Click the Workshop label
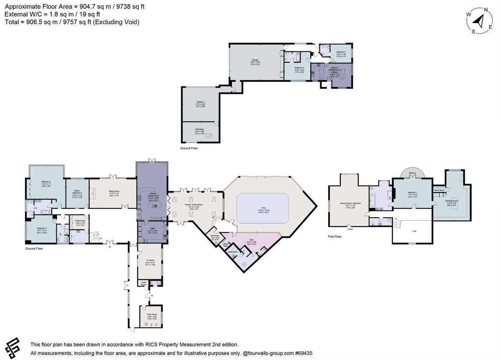(200, 129)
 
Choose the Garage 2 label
(200, 102)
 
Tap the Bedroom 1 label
(412, 193)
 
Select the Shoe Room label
(439, 190)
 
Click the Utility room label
(152, 229)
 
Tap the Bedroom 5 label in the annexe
(341, 52)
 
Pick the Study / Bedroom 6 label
(78, 193)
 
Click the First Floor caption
(335, 236)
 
